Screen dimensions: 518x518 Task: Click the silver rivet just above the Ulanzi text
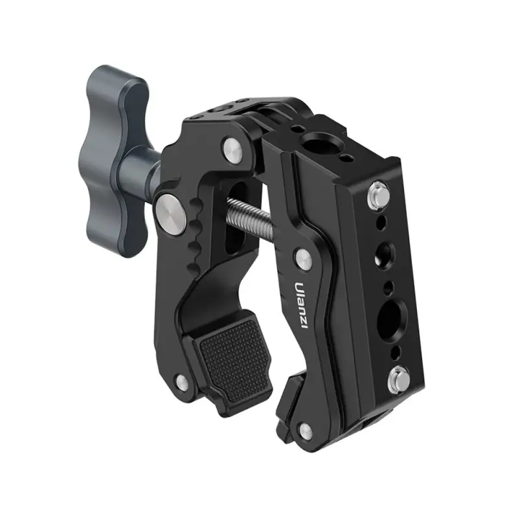[304, 258]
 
